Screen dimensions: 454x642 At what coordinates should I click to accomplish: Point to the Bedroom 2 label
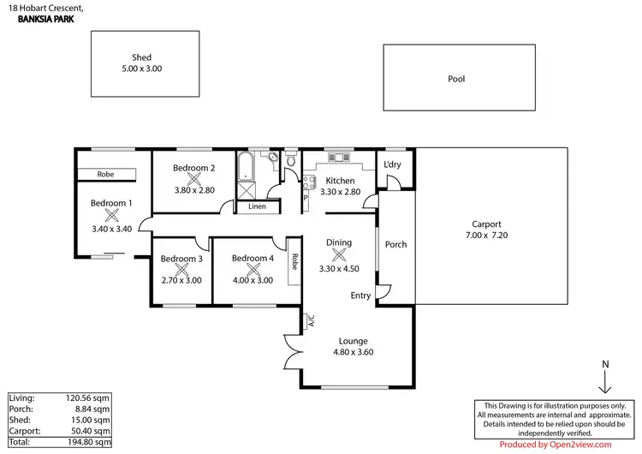point(193,168)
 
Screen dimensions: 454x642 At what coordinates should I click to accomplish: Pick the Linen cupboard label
point(257,206)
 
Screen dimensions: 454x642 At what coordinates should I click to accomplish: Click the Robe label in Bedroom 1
point(105,174)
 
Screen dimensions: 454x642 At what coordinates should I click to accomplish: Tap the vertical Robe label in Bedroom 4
point(294,262)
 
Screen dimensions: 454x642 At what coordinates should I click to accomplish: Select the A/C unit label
point(312,322)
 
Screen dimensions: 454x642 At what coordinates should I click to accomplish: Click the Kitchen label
point(340,181)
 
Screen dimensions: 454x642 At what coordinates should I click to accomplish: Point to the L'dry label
point(393,164)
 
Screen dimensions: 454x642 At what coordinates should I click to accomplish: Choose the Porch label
point(395,244)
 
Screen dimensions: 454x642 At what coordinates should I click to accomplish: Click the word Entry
point(361,296)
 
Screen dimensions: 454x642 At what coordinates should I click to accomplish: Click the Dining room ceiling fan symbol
point(339,255)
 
